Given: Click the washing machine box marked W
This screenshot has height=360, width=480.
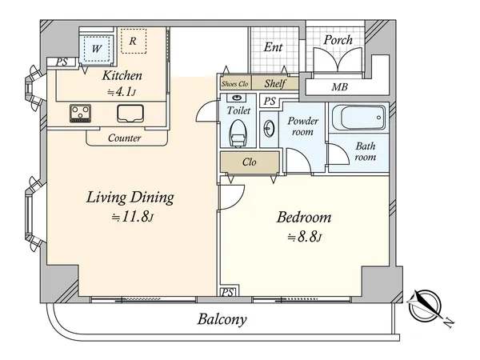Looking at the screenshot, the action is click(x=97, y=49).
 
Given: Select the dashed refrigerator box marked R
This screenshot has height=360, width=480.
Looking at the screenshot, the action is click(x=134, y=41).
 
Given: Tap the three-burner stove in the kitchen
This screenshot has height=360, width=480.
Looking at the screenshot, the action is click(x=80, y=114).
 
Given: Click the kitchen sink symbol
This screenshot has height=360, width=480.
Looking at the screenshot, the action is click(x=130, y=114).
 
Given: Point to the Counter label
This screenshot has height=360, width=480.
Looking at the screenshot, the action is click(x=124, y=138).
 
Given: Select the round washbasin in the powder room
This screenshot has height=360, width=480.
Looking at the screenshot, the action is click(x=269, y=129).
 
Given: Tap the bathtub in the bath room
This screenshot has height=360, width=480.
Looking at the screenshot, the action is click(x=358, y=118).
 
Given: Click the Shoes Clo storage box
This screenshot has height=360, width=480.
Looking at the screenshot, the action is click(x=235, y=83).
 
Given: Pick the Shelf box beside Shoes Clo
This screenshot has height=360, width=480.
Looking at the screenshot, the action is click(x=275, y=83).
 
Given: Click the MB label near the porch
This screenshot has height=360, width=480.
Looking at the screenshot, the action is click(x=339, y=87).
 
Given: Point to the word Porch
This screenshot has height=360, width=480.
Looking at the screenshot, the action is click(x=338, y=40).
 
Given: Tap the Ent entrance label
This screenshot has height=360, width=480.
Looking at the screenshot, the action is click(x=273, y=47).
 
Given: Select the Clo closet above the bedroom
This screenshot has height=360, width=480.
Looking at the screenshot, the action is click(x=250, y=162).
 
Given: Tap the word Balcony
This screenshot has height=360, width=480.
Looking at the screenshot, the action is click(x=222, y=319).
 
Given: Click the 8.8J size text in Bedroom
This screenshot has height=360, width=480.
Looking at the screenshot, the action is click(x=305, y=238).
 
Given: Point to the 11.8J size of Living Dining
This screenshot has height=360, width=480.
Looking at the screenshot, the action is click(x=132, y=217).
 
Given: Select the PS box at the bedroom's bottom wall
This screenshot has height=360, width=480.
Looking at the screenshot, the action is click(x=227, y=292).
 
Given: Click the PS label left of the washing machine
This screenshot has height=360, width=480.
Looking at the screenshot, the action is click(x=62, y=62).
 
